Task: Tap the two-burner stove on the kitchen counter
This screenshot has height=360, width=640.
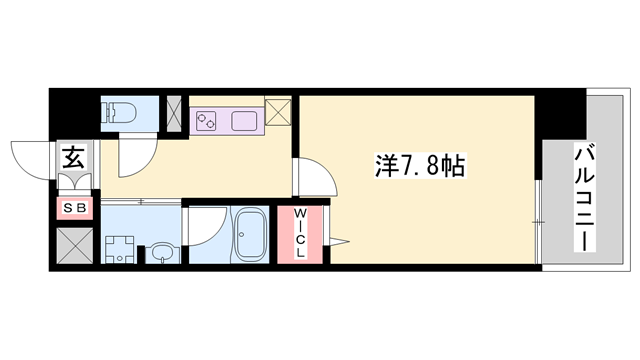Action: coord(207,122)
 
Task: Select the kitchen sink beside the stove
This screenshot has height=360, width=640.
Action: coord(245,122)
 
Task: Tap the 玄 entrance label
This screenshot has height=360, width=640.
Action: coord(74,157)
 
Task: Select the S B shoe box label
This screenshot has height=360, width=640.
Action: coord(75,208)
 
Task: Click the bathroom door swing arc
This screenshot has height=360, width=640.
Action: coord(206,228)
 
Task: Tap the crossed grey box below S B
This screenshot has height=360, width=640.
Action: coord(75,245)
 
